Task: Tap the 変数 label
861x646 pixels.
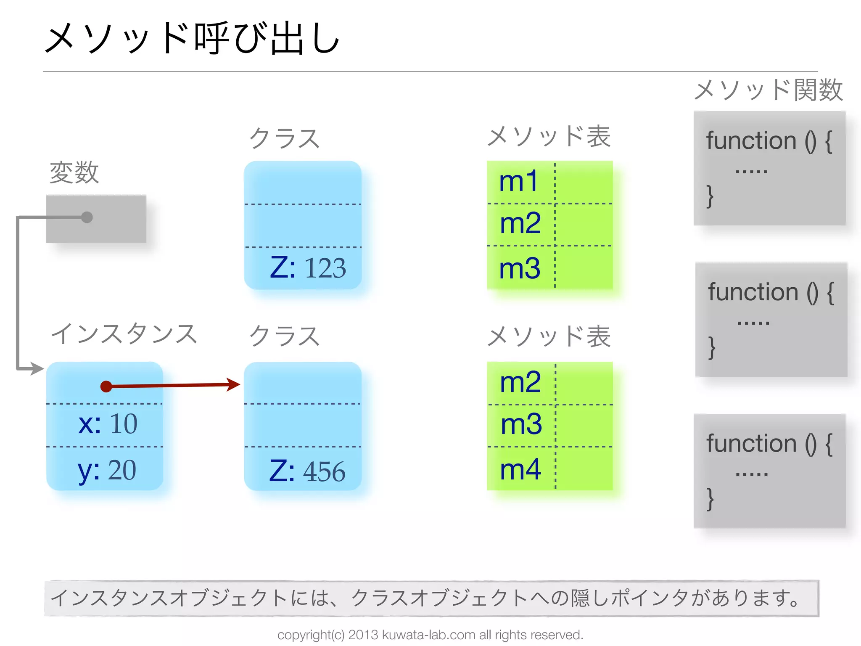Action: (x=74, y=172)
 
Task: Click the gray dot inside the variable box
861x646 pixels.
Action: (x=87, y=217)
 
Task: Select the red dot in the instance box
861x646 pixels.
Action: (x=106, y=386)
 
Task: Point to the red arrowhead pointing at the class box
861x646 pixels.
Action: (x=233, y=384)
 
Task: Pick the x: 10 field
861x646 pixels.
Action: (x=108, y=424)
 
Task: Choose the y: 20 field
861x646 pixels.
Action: (x=107, y=470)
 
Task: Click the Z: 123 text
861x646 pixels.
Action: (x=308, y=267)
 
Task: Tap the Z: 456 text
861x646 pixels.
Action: (x=307, y=471)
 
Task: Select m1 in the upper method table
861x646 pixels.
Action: (x=518, y=181)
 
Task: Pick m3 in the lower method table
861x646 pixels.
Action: (x=521, y=424)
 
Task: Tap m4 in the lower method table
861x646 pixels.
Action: (x=520, y=469)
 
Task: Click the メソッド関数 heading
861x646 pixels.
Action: (x=768, y=90)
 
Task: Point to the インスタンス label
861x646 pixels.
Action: (x=124, y=334)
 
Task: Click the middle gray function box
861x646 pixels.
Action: (x=771, y=320)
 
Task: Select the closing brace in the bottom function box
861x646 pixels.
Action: (x=710, y=499)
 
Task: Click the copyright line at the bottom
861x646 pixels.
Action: (x=430, y=635)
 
